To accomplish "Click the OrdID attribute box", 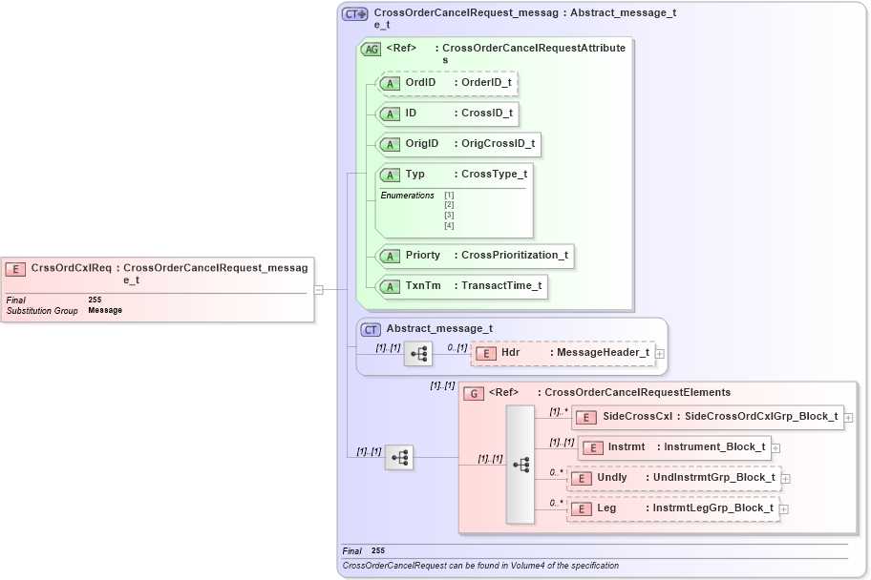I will click(448, 83).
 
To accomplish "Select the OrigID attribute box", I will click(459, 144).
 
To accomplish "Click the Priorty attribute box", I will click(476, 255).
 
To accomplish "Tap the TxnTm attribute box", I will click(462, 285).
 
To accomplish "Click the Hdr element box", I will click(563, 353).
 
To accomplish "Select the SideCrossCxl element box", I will click(707, 416).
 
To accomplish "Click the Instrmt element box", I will click(672, 446).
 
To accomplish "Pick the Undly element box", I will click(673, 477).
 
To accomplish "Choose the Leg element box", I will click(672, 508).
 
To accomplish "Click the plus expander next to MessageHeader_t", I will click(660, 354).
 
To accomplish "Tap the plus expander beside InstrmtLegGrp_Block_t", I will click(784, 509).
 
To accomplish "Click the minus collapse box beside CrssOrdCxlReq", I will click(319, 290).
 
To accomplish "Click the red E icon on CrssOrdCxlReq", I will click(16, 269).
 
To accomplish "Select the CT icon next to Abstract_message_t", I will click(372, 329).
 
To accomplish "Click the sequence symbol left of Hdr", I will click(418, 353).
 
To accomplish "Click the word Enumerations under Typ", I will click(407, 196).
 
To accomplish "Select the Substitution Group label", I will click(42, 311).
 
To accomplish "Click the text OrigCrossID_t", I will click(498, 144).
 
